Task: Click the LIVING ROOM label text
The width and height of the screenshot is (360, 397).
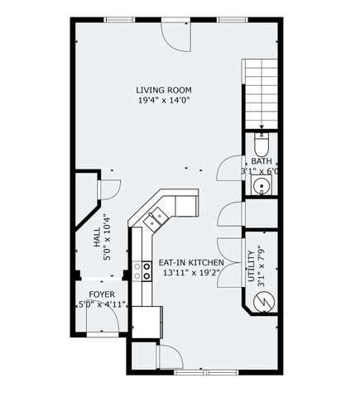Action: (166, 89)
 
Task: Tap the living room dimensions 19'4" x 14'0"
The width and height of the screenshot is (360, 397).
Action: (166, 100)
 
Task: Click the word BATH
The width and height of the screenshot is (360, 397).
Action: (262, 161)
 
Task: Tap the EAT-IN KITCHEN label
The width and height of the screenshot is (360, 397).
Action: (190, 262)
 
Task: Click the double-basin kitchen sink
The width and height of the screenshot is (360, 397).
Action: (155, 219)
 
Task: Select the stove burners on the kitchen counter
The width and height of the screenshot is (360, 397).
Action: (137, 274)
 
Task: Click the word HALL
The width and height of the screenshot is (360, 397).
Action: (97, 240)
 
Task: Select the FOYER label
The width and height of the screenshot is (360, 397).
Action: (102, 294)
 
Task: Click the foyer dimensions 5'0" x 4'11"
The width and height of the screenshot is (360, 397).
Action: (100, 304)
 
